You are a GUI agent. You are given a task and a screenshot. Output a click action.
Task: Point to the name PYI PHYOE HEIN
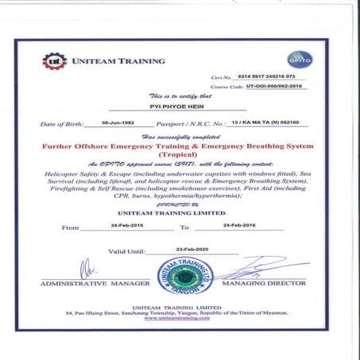tap(172, 104)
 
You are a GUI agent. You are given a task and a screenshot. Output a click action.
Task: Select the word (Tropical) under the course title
tap(180, 157)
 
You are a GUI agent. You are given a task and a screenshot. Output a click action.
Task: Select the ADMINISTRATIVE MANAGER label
tap(95, 284)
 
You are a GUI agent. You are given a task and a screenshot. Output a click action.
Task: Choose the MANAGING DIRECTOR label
tap(263, 284)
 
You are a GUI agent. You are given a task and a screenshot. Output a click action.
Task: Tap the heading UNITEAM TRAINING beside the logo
tap(119, 60)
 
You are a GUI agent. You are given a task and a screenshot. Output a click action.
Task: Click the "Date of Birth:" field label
tap(64, 125)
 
